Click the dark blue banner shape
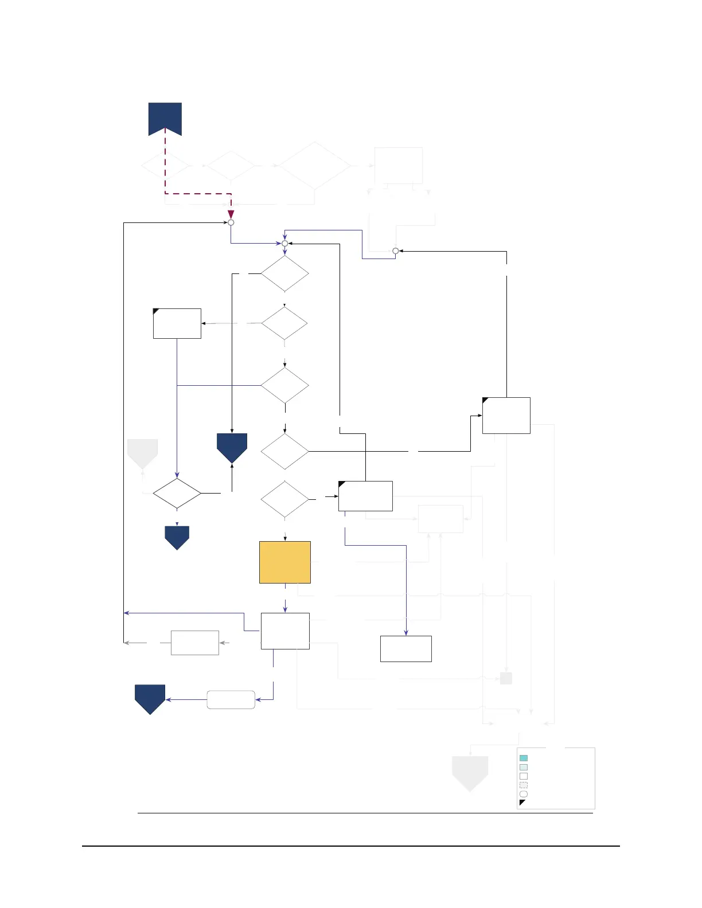click(165, 118)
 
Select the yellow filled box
click(285, 562)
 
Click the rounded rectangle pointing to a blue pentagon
click(231, 699)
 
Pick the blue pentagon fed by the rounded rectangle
click(150, 698)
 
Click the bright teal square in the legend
click(523, 758)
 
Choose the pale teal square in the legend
click(523, 767)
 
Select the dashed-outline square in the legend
click(523, 785)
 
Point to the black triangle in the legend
click(522, 803)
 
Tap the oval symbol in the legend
click(523, 794)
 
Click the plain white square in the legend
click(523, 776)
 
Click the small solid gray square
click(506, 678)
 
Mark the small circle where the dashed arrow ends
click(231, 222)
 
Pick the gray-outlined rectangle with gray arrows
click(195, 643)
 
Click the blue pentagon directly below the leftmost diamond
click(177, 537)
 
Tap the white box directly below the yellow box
click(285, 631)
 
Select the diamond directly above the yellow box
click(284, 499)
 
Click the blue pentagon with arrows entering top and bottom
click(232, 447)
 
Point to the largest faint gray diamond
click(314, 166)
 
